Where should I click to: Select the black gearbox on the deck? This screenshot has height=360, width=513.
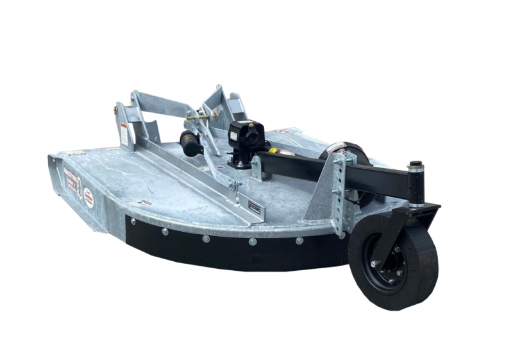pyautogui.click(x=245, y=141)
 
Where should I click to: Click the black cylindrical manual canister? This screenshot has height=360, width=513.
pyautogui.click(x=191, y=142)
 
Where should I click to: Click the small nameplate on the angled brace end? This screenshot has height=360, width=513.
pyautogui.click(x=255, y=209)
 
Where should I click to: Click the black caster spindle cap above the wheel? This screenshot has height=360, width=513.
pyautogui.click(x=416, y=166)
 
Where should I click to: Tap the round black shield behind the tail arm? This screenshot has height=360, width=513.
pyautogui.click(x=349, y=154)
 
